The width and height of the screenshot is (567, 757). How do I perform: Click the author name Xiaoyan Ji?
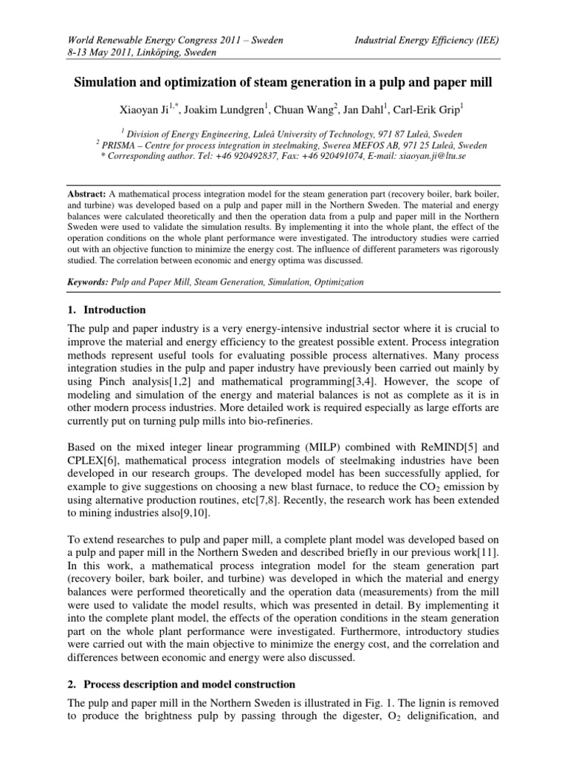tap(145, 110)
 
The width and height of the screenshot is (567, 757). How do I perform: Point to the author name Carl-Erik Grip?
tap(429, 110)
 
